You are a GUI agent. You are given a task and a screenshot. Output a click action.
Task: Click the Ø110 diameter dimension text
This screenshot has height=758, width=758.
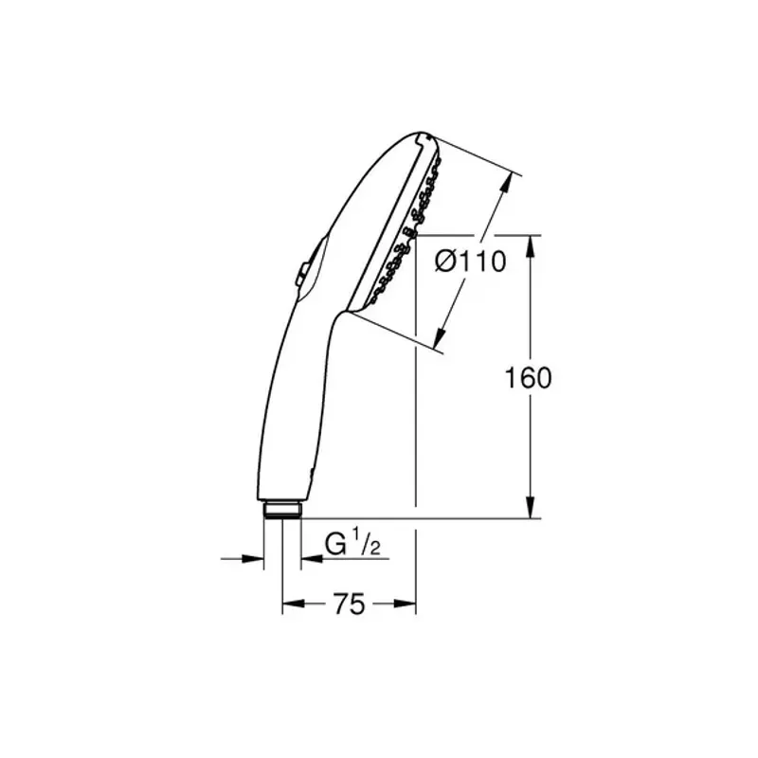[x=470, y=262]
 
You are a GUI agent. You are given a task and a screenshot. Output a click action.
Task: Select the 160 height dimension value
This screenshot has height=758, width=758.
[x=527, y=378]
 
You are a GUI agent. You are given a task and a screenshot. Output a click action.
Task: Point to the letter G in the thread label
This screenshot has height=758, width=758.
[x=335, y=545]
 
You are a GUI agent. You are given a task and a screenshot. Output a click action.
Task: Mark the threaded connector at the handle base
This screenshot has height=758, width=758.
[x=281, y=509]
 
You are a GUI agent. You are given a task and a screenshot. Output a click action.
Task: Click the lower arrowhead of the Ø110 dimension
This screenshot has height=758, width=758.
[x=441, y=336]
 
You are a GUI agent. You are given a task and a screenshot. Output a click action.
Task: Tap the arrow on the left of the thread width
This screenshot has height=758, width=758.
[x=256, y=559]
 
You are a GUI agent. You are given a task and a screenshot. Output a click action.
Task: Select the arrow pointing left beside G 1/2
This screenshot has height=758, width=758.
[x=309, y=559]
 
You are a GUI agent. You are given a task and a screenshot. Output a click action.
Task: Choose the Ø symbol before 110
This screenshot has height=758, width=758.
[x=446, y=262]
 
